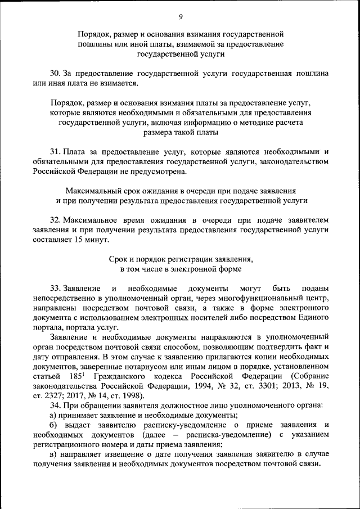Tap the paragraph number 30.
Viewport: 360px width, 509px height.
pos(55,74)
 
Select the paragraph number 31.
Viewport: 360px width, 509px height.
pos(55,152)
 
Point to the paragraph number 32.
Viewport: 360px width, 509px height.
pos(55,220)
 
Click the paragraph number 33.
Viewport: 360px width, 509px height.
pos(55,287)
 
